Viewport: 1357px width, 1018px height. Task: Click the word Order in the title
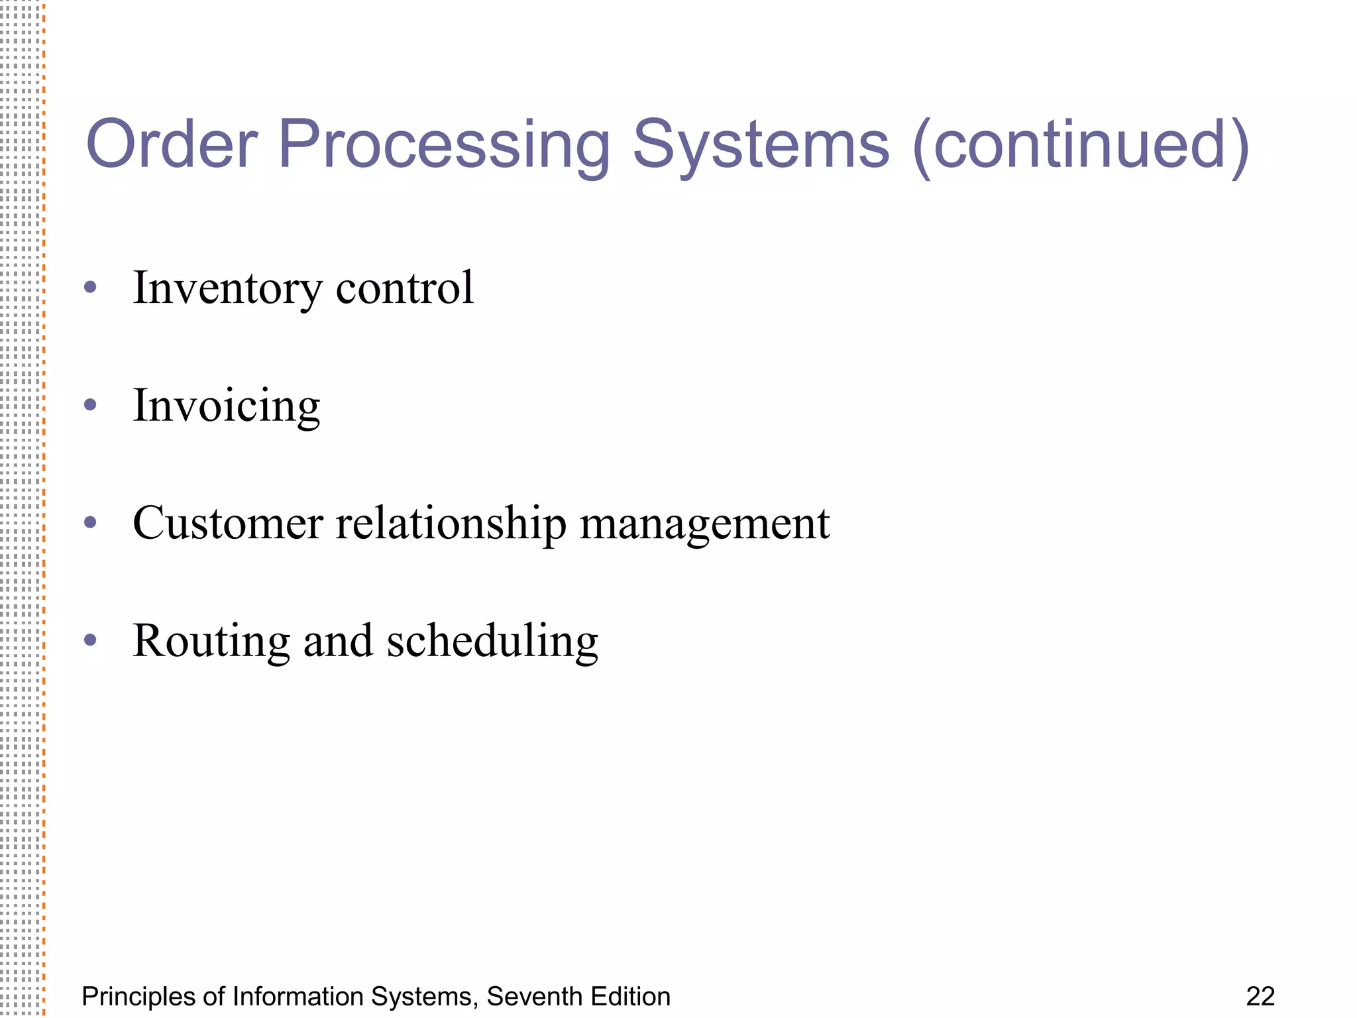172,144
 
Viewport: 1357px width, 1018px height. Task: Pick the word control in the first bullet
405,288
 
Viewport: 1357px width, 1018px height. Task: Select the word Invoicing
227,406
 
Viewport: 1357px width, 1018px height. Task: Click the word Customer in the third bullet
228,523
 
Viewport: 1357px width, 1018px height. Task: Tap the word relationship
451,524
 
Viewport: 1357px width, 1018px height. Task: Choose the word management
704,524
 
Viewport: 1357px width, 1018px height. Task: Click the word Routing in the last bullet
211,642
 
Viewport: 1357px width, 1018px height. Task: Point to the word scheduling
492,642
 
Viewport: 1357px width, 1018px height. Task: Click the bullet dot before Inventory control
91,288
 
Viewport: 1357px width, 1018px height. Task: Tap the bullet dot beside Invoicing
91,405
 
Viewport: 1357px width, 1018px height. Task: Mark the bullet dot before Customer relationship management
91,522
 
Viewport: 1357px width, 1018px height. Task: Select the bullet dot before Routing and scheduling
91,640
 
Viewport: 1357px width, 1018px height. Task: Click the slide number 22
1260,997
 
